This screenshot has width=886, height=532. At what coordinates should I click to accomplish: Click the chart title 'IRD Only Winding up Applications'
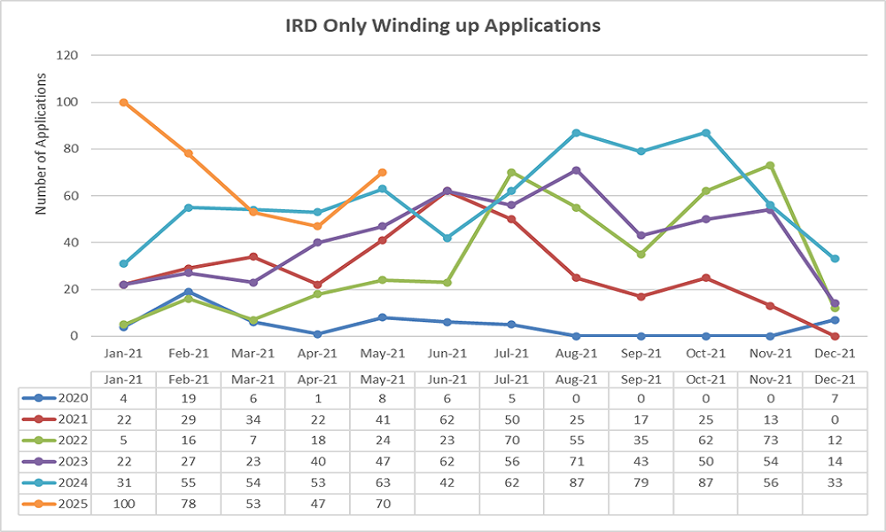[x=442, y=25]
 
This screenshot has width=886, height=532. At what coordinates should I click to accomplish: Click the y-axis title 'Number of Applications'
[x=41, y=144]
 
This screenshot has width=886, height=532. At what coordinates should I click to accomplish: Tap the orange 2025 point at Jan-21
[x=124, y=102]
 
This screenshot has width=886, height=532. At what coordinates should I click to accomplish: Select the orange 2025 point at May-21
[x=382, y=172]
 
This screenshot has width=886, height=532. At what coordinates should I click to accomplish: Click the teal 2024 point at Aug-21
[x=576, y=133]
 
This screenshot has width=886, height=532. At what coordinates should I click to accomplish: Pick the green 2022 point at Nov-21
[x=770, y=166]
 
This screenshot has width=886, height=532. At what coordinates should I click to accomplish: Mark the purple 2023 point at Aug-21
[x=576, y=170]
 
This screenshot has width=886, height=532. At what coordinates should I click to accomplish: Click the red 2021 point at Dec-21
[x=835, y=336]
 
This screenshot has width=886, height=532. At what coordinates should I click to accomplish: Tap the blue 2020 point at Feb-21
[x=188, y=292]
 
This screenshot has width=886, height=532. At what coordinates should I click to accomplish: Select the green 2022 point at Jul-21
[x=511, y=172]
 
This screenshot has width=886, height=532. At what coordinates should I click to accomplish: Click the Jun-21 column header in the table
[x=447, y=379]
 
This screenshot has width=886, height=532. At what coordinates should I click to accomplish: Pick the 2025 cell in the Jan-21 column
[x=124, y=504]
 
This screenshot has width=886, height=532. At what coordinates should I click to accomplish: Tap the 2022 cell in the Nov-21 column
[x=770, y=441]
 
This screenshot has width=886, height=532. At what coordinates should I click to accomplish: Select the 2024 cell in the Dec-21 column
[x=835, y=483]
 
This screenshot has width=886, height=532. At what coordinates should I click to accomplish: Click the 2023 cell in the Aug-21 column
[x=576, y=462]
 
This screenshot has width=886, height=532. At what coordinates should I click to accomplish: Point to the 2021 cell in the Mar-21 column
[x=253, y=419]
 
